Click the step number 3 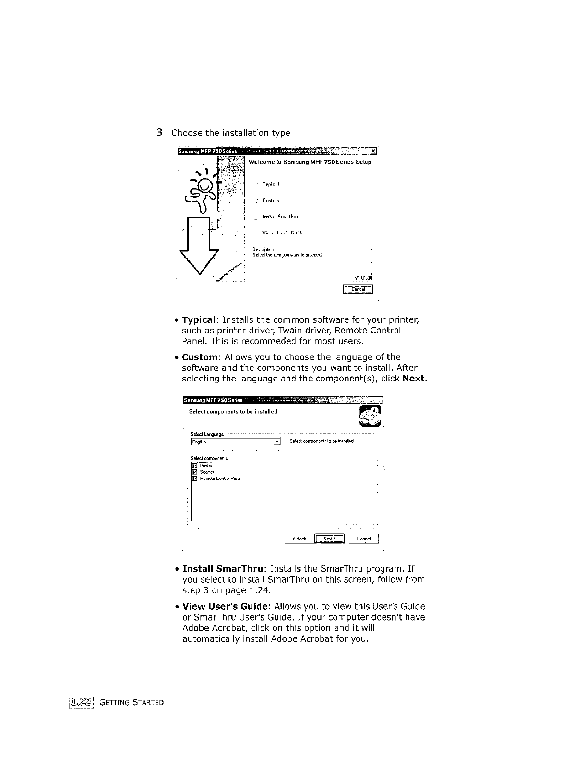161,133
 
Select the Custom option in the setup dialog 270,201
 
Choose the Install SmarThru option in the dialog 280,217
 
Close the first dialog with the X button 372,153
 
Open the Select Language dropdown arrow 277,442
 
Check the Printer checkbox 194,466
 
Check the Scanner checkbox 194,472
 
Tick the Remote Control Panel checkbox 194,479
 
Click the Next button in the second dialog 329,539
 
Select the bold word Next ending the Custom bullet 414,379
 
